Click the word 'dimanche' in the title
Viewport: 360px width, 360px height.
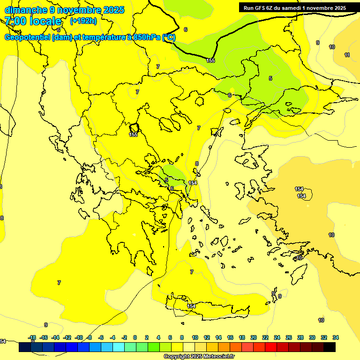25,9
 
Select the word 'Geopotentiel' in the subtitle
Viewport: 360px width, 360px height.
27,37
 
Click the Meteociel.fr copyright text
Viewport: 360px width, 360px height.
199,356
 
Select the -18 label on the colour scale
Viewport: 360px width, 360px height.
32,337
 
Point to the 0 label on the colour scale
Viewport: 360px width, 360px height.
135,337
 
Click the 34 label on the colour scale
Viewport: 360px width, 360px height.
336,337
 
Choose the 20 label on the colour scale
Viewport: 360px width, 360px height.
254,337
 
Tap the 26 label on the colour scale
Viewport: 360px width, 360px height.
289,337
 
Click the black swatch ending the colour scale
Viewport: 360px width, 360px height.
330,347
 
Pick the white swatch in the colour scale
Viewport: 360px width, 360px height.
189,347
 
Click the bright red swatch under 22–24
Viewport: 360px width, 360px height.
271,347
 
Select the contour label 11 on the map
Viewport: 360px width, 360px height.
347,55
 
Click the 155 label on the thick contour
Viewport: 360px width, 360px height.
210,60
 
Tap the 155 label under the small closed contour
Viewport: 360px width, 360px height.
133,135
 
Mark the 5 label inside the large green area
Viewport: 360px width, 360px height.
270,78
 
